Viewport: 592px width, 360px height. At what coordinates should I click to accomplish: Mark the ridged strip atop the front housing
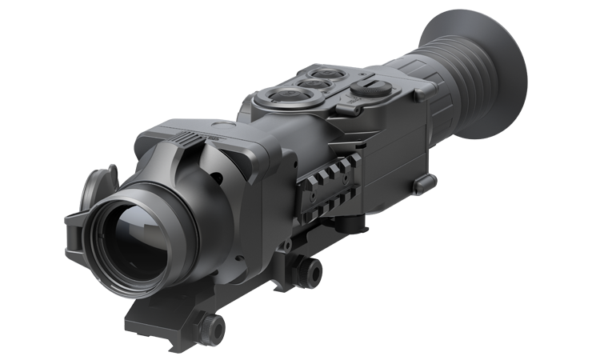[186, 137]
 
